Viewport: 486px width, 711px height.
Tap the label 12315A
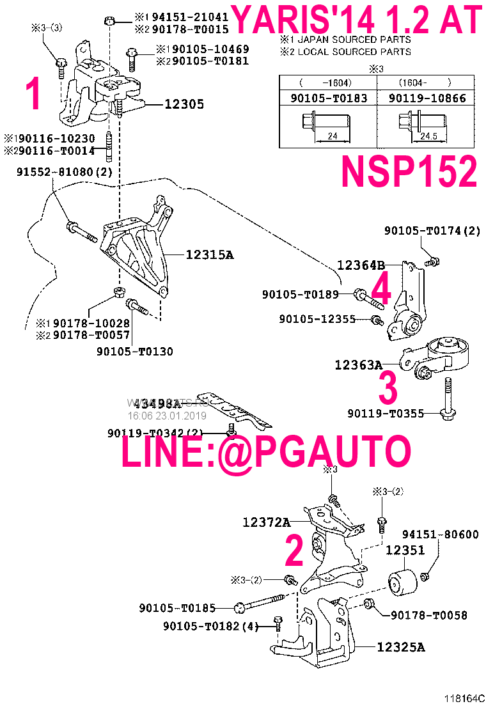pyautogui.click(x=210, y=254)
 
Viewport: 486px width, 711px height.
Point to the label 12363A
pyautogui.click(x=358, y=365)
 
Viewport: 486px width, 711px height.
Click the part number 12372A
pyautogui.click(x=266, y=522)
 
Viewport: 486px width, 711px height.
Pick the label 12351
pyautogui.click(x=405, y=551)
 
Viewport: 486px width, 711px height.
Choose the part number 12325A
pyautogui.click(x=401, y=647)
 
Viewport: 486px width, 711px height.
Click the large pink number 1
pyautogui.click(x=33, y=94)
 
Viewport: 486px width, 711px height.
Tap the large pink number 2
pyautogui.click(x=294, y=551)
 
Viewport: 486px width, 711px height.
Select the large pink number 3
pyautogui.click(x=388, y=388)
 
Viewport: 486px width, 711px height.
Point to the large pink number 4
pyautogui.click(x=380, y=289)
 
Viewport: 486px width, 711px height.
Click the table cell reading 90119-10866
pyautogui.click(x=424, y=98)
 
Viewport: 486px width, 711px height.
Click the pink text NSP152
pyautogui.click(x=409, y=171)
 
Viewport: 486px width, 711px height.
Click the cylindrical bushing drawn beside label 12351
pyautogui.click(x=403, y=580)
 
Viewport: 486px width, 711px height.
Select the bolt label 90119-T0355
pyautogui.click(x=386, y=414)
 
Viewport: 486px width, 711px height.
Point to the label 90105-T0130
pyautogui.click(x=135, y=351)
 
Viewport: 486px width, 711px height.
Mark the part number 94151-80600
pyautogui.click(x=440, y=535)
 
